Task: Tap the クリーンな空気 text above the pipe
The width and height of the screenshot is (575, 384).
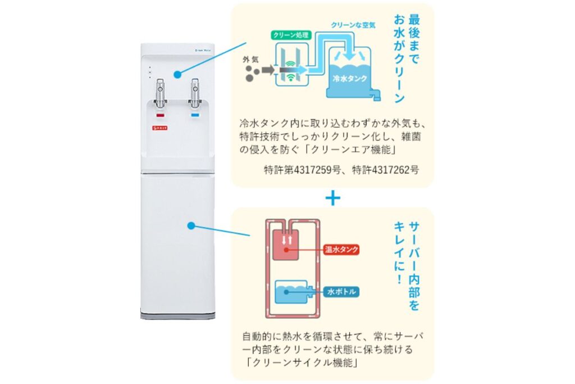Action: point(353,25)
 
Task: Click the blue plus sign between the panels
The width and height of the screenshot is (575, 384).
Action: point(332,198)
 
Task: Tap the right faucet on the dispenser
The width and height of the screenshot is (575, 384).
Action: point(195,93)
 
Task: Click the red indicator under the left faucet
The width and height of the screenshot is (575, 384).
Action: point(159,115)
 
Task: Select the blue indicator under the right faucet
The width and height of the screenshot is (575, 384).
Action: point(195,115)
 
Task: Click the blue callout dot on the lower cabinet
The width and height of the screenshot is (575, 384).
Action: point(191,225)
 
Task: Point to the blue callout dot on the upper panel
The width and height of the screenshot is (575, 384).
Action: point(177,74)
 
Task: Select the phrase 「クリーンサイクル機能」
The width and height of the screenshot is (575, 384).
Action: point(301,363)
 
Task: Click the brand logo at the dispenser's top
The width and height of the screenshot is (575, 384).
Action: point(194,50)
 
